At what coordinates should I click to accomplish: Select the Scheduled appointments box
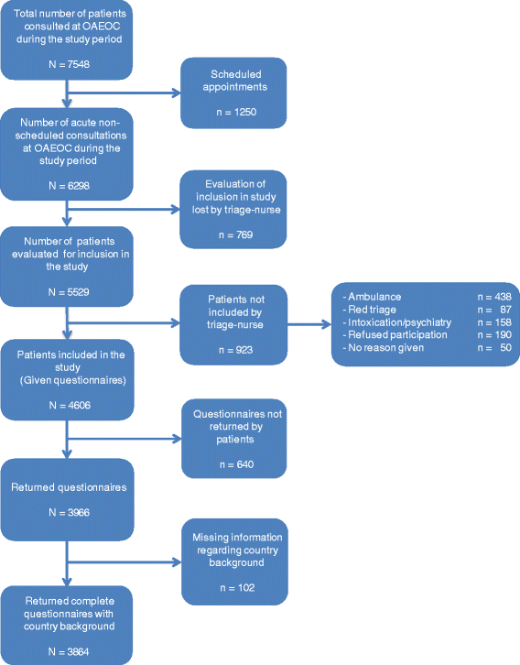click(x=233, y=93)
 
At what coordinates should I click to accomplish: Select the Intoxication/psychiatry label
click(x=387, y=323)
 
